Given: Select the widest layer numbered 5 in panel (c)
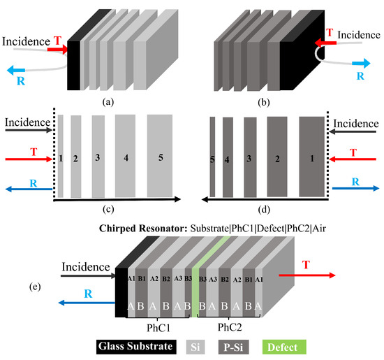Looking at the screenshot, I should coord(161,156).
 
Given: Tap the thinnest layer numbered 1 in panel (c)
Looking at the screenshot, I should coord(61,156).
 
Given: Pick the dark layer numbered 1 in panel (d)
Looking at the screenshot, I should coord(311,156).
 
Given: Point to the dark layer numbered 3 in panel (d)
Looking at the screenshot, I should coord(249,156).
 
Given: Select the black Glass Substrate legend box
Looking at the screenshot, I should coord(145,346).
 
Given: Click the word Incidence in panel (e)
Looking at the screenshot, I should coord(87,266).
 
